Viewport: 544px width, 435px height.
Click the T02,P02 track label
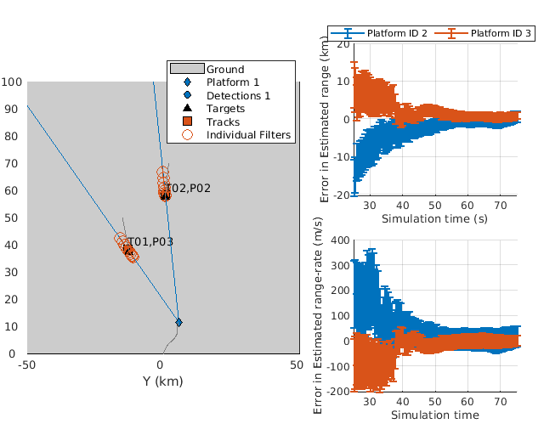click(188, 188)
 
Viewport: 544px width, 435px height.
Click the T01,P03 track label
click(151, 242)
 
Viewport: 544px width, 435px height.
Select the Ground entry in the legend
click(225, 70)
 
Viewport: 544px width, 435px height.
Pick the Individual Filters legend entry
click(248, 135)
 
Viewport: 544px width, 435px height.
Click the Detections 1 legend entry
click(238, 96)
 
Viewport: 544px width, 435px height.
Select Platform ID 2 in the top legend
click(397, 33)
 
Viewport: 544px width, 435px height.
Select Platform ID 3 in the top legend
click(501, 33)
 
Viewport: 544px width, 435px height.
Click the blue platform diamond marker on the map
click(178, 322)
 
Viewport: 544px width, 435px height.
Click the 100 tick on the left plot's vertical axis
click(12, 82)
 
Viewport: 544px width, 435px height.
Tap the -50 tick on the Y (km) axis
click(27, 365)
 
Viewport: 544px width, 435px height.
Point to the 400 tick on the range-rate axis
click(339, 240)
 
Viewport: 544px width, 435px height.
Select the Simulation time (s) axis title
click(433, 219)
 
